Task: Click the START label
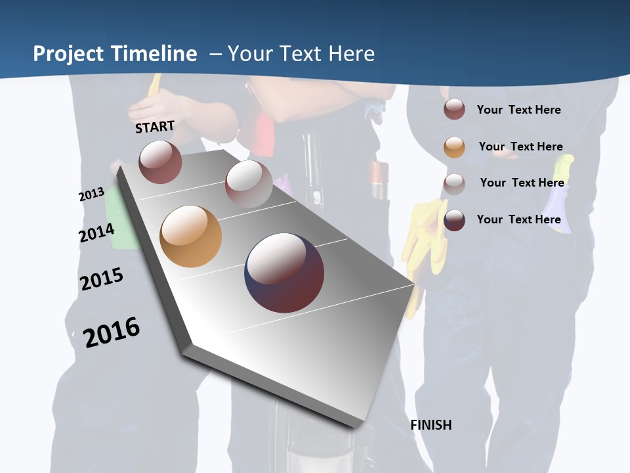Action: click(155, 127)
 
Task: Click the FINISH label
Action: click(431, 425)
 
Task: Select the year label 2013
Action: click(92, 194)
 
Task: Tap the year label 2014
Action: click(96, 233)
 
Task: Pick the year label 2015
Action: click(102, 279)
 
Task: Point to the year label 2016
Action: click(112, 332)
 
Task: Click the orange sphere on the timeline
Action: click(191, 236)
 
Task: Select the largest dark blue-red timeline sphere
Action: click(284, 273)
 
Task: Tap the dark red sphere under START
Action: click(160, 162)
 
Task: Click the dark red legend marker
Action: click(454, 110)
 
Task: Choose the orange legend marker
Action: click(454, 147)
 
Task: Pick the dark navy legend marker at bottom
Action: click(454, 220)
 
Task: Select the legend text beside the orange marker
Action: click(520, 146)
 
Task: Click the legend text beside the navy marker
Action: click(518, 219)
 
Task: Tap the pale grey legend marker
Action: click(454, 184)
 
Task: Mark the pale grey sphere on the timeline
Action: click(248, 183)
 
